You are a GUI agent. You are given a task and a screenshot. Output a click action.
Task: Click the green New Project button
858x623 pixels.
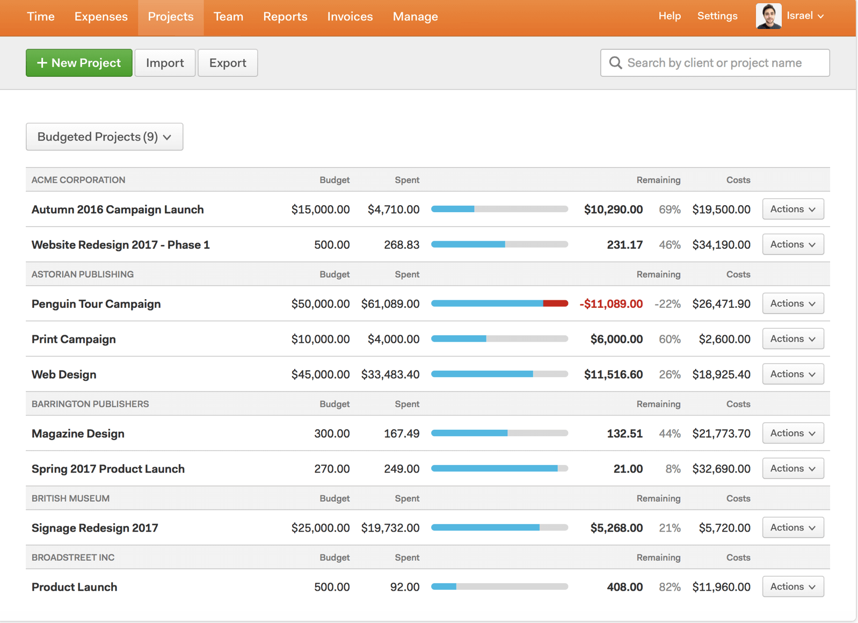click(x=79, y=63)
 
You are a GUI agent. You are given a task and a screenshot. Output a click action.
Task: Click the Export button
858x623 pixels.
click(x=228, y=63)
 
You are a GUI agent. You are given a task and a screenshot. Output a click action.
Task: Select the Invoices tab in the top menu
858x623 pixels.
click(x=350, y=17)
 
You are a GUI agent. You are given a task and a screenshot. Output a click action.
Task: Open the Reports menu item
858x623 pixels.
click(x=285, y=17)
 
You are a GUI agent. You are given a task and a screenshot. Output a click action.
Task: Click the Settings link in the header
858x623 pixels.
click(x=717, y=16)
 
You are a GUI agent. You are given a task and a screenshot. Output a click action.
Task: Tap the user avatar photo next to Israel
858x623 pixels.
click(x=768, y=16)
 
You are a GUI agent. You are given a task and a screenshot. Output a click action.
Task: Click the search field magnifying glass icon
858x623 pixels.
click(x=615, y=63)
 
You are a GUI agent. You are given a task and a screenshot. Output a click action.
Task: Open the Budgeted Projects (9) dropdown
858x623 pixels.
click(x=104, y=137)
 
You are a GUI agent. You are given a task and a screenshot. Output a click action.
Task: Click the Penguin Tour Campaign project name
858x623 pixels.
click(x=96, y=304)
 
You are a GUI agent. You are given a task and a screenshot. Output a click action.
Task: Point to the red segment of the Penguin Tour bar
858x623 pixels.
click(x=555, y=303)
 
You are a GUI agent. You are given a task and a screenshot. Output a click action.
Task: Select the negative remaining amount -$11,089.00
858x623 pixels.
click(x=611, y=304)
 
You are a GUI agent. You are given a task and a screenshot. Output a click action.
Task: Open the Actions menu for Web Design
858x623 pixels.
click(x=792, y=374)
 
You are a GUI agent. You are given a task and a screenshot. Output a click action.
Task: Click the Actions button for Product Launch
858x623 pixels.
click(x=792, y=587)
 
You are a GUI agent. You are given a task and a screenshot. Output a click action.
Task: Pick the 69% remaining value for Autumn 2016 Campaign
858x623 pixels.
click(x=670, y=209)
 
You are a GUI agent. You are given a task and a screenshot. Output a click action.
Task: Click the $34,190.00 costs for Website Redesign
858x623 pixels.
click(x=721, y=245)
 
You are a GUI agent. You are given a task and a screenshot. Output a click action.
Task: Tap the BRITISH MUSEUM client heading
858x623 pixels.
click(x=70, y=498)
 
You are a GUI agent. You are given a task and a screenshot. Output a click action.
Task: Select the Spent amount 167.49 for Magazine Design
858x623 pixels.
click(x=402, y=433)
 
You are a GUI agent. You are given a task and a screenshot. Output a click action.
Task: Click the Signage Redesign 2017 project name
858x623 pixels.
click(x=95, y=528)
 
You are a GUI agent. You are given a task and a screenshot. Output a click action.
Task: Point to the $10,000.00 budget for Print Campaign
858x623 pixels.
click(x=321, y=339)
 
